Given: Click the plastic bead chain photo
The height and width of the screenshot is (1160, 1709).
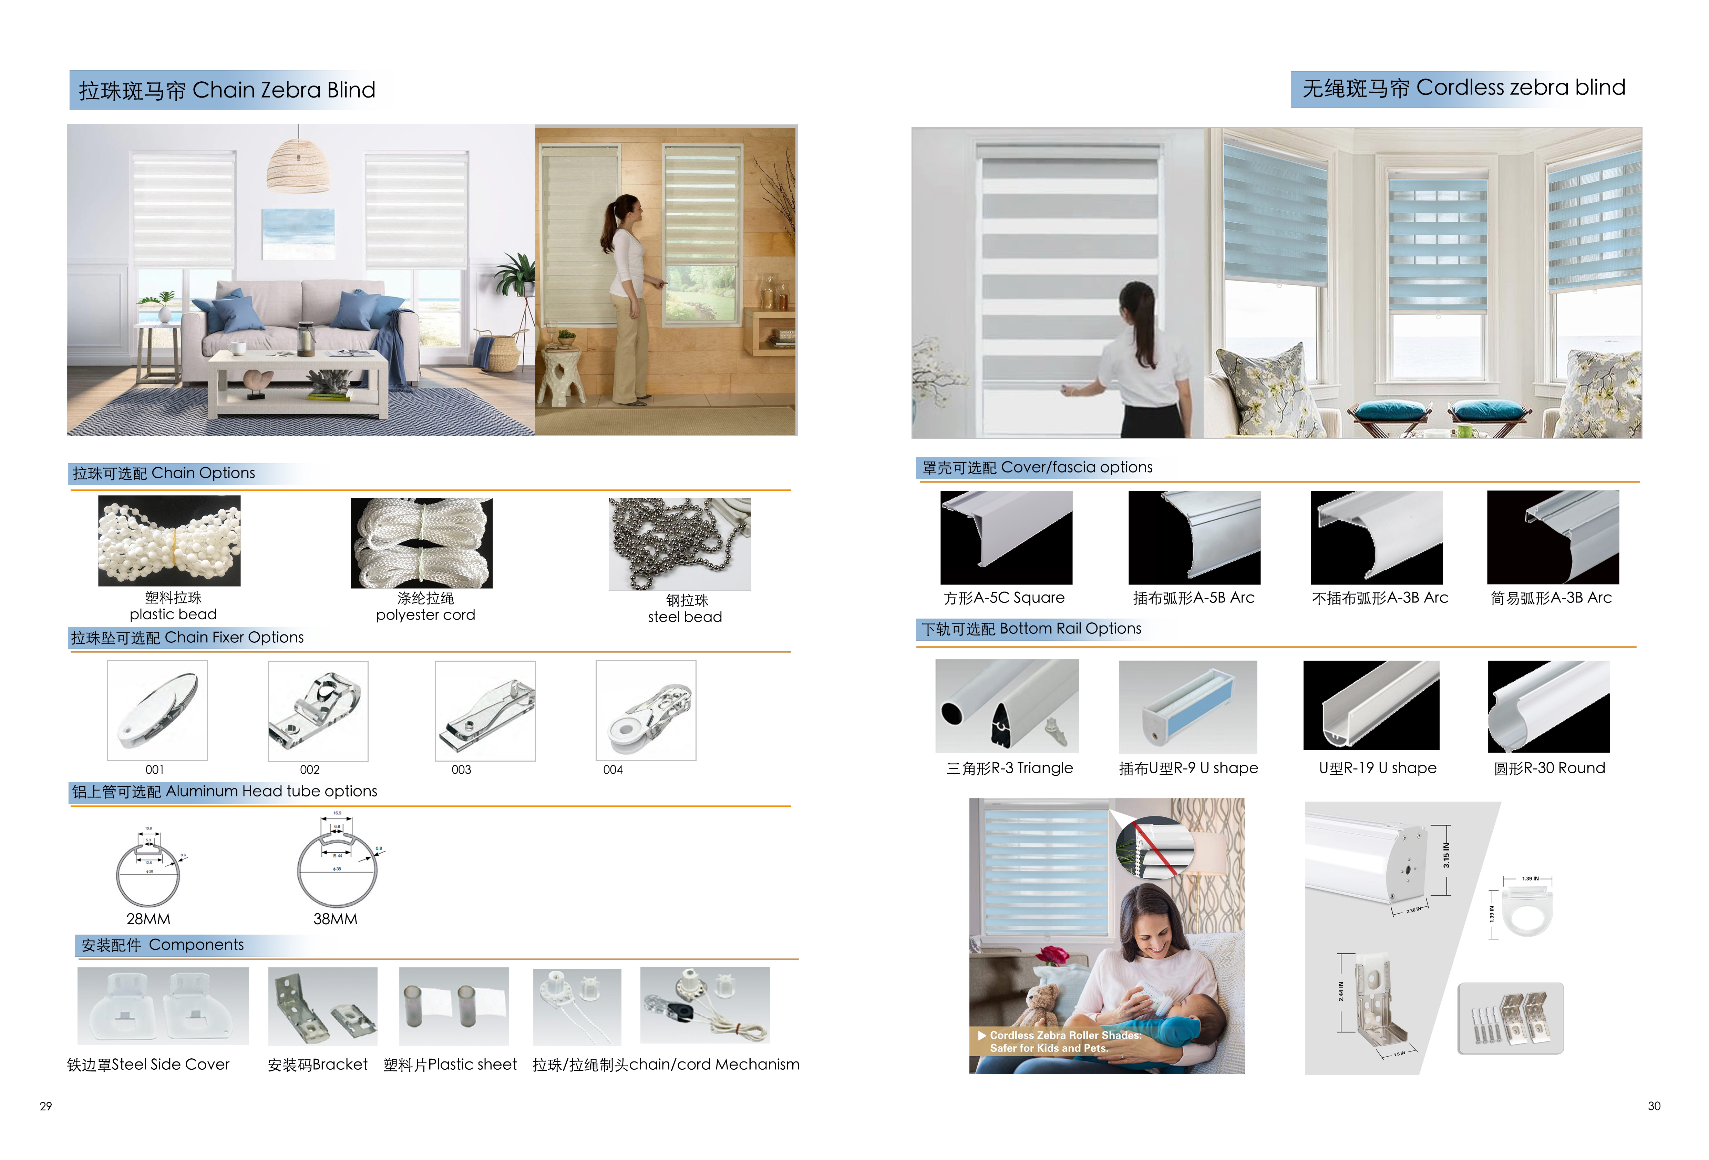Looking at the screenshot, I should (x=169, y=541).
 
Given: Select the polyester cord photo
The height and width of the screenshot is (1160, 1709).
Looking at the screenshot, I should (x=421, y=543).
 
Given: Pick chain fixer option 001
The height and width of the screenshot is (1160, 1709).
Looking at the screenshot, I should (x=157, y=710).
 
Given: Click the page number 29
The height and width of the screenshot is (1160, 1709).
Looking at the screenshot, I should (x=45, y=1106).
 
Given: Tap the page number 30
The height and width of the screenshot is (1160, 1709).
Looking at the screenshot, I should (x=1654, y=1106).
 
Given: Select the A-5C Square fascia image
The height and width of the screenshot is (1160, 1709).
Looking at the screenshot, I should (x=1006, y=537).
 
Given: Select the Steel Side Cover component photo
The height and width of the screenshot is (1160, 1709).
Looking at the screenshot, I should (x=163, y=1006).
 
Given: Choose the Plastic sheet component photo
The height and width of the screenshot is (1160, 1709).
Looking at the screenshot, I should (x=454, y=1006).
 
